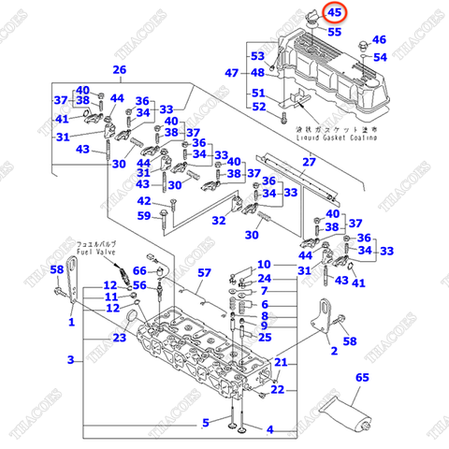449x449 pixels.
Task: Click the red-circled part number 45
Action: point(334,13)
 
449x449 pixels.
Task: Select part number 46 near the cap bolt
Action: point(379,40)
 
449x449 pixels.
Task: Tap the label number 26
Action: point(119,70)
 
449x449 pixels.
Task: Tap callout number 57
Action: point(205,273)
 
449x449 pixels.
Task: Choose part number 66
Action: point(140,271)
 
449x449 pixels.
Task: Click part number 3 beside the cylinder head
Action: point(69,360)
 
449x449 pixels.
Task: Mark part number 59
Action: point(144,216)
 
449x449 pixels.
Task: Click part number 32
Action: point(218,221)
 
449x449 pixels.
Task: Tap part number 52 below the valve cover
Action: point(258,107)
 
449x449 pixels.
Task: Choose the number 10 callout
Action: point(264,265)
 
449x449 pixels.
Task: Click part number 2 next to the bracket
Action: point(332,352)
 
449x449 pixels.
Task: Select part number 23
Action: point(119,338)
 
